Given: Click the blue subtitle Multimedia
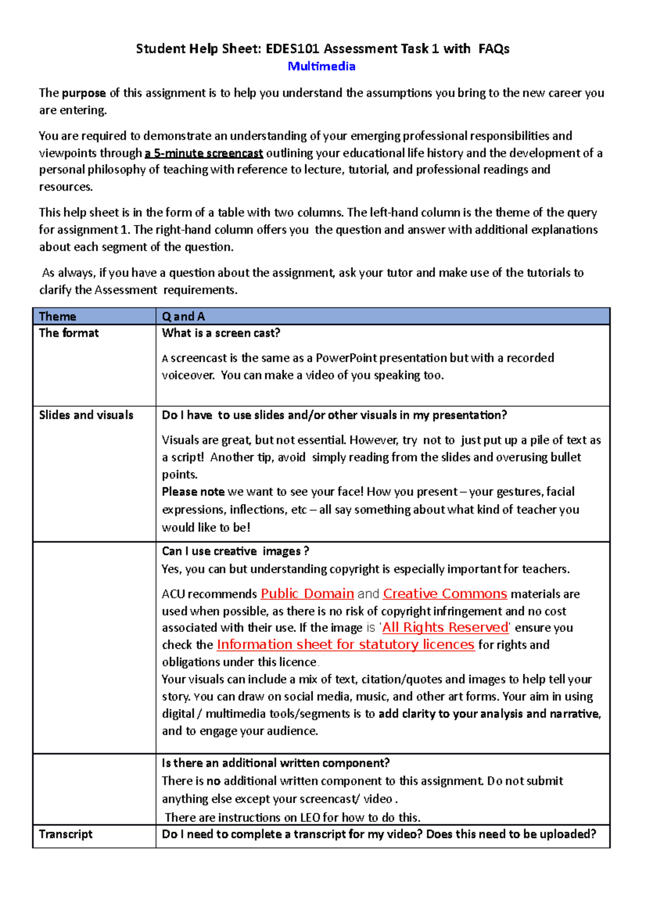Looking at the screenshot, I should tap(321, 66).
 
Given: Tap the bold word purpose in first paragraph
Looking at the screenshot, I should tap(83, 93).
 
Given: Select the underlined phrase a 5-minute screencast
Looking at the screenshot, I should tap(203, 153).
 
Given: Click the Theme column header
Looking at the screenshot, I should tap(58, 317).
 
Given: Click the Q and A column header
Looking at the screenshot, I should tap(183, 317).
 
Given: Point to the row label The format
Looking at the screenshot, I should tap(69, 333).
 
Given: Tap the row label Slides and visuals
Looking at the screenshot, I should tap(86, 415).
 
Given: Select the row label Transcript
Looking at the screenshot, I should tap(66, 834).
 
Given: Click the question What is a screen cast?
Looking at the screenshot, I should tap(221, 333).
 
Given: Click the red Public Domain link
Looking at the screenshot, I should tap(307, 594).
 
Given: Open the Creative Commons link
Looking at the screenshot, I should tap(445, 594).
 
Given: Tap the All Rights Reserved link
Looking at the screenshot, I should tap(445, 628).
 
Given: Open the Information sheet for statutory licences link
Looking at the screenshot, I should tap(345, 645).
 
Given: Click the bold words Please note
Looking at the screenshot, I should tap(193, 492).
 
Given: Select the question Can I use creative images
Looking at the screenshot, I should tap(235, 551).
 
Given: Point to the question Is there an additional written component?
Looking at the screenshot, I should tap(276, 763).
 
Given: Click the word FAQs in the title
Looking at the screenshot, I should tap(494, 49).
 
